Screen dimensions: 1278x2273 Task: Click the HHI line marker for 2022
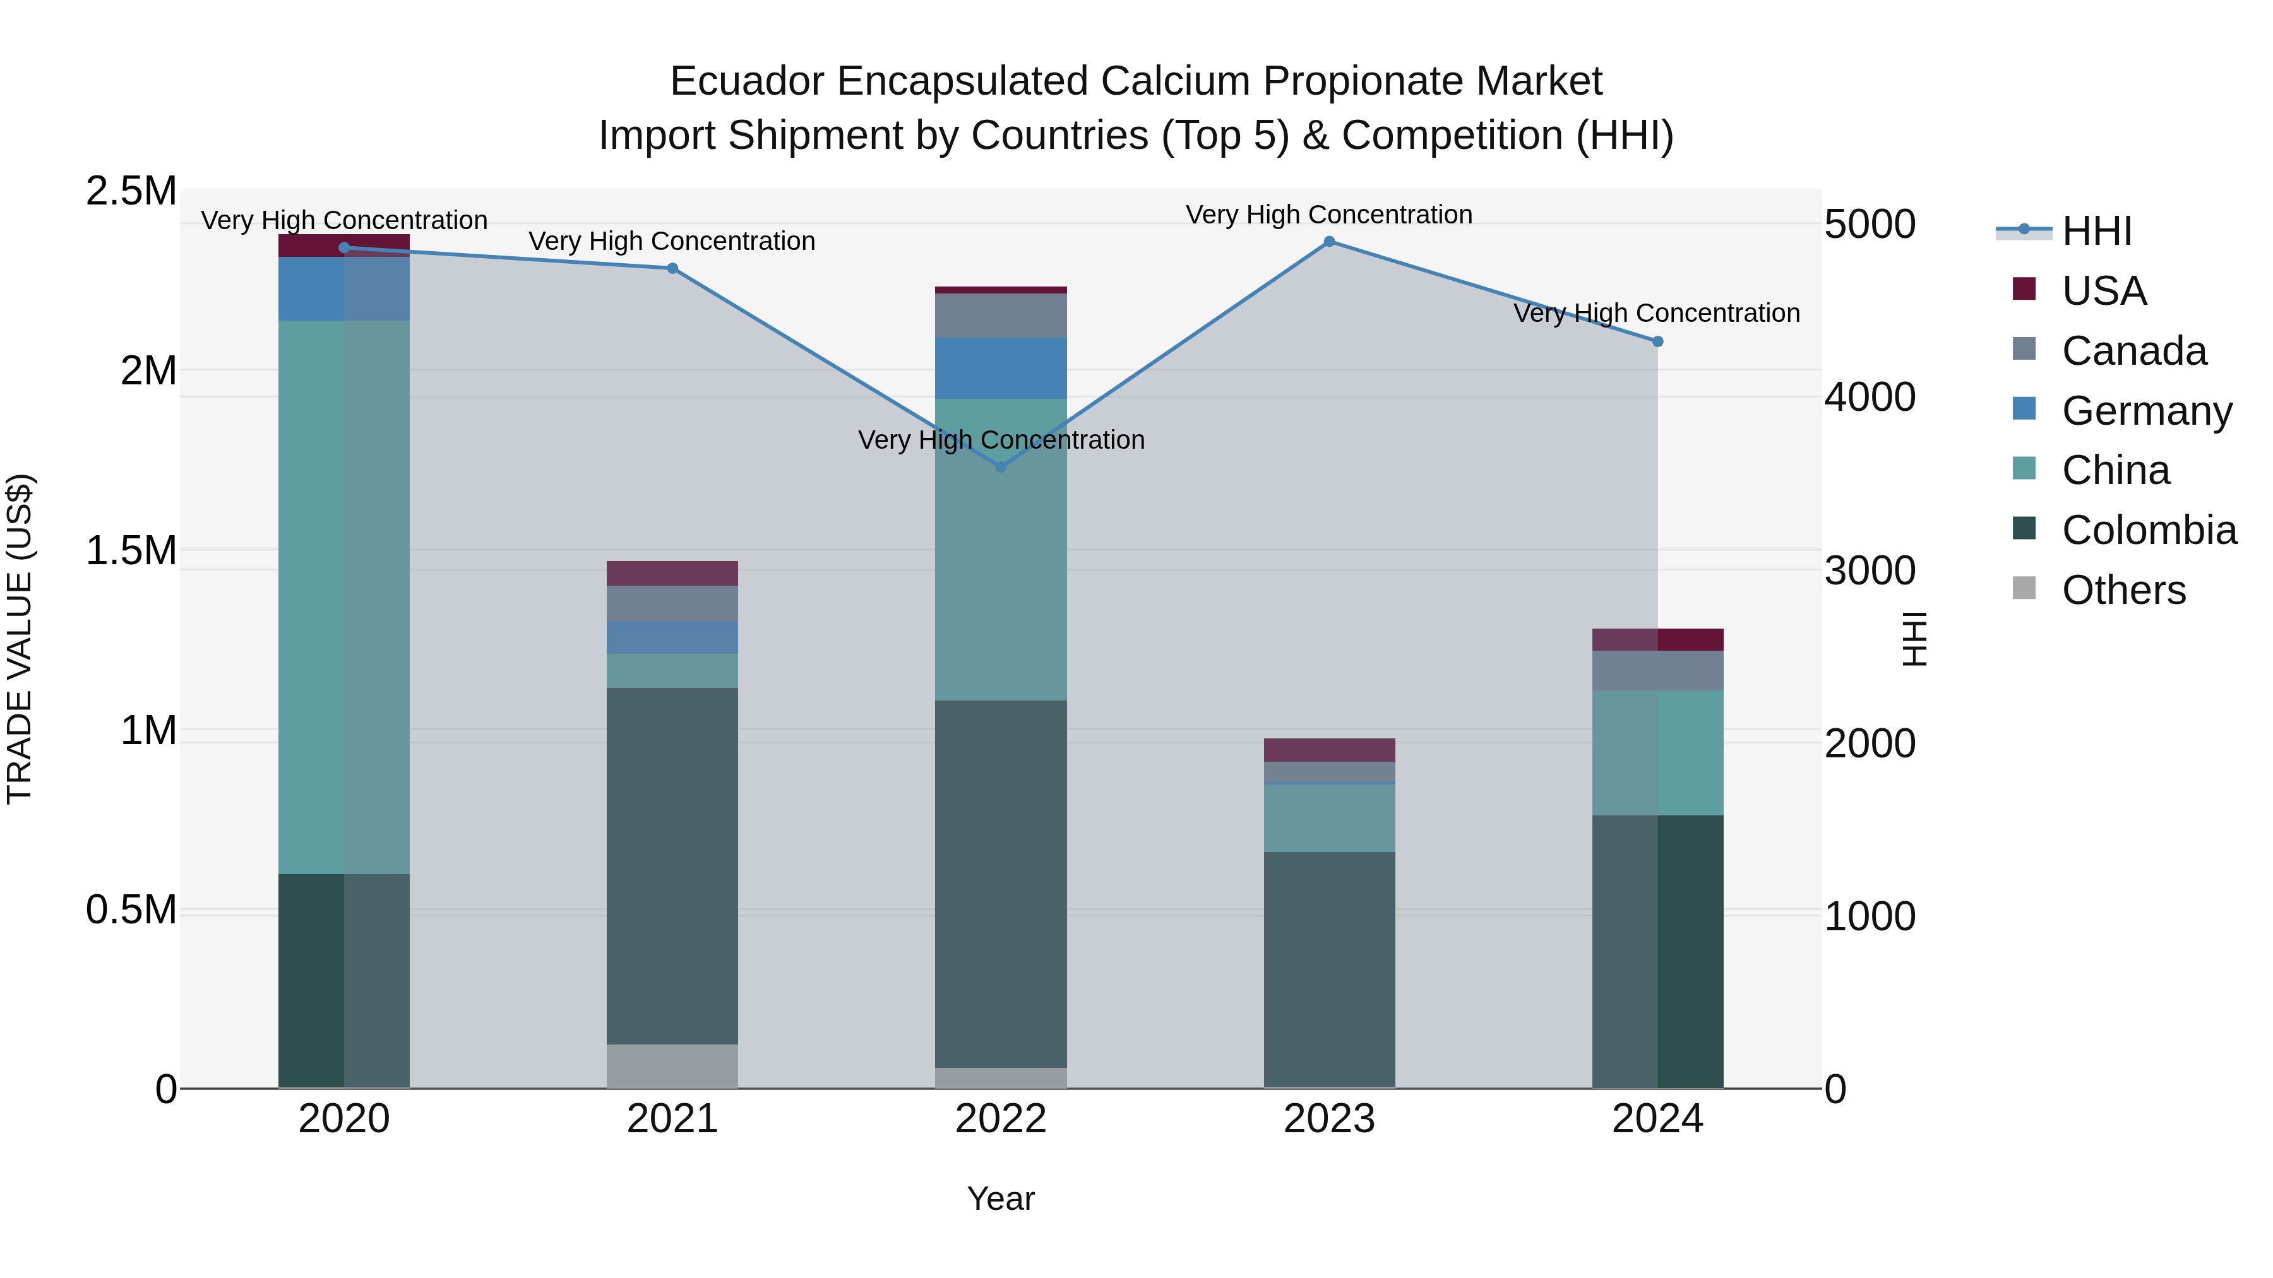pyautogui.click(x=1001, y=466)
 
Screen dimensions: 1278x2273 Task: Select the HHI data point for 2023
pyautogui.click(x=1329, y=242)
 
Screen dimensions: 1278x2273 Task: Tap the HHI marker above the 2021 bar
pyautogui.click(x=672, y=268)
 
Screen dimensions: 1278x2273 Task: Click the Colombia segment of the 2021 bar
pyautogui.click(x=672, y=865)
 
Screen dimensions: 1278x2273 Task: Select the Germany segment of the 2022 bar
pyautogui.click(x=1001, y=368)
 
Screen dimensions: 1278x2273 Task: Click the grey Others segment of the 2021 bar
pyautogui.click(x=672, y=1065)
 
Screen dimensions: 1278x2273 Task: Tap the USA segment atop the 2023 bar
pyautogui.click(x=1329, y=750)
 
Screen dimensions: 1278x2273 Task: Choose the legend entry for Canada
pyautogui.click(x=2133, y=351)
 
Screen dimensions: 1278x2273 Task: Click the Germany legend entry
pyautogui.click(x=2146, y=411)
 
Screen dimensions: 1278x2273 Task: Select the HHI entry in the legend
pyautogui.click(x=2096, y=231)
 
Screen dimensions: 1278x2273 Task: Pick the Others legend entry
pyautogui.click(x=2122, y=590)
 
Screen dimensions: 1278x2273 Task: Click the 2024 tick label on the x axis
pyautogui.click(x=1657, y=1119)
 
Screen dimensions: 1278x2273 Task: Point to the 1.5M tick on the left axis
pyautogui.click(x=131, y=550)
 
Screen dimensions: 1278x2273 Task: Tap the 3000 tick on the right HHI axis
pyautogui.click(x=1870, y=571)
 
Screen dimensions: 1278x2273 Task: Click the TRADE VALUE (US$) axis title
pyautogui.click(x=20, y=639)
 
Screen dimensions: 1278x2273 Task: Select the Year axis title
pyautogui.click(x=1001, y=1198)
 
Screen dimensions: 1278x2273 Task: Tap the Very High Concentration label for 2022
pyautogui.click(x=1001, y=439)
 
